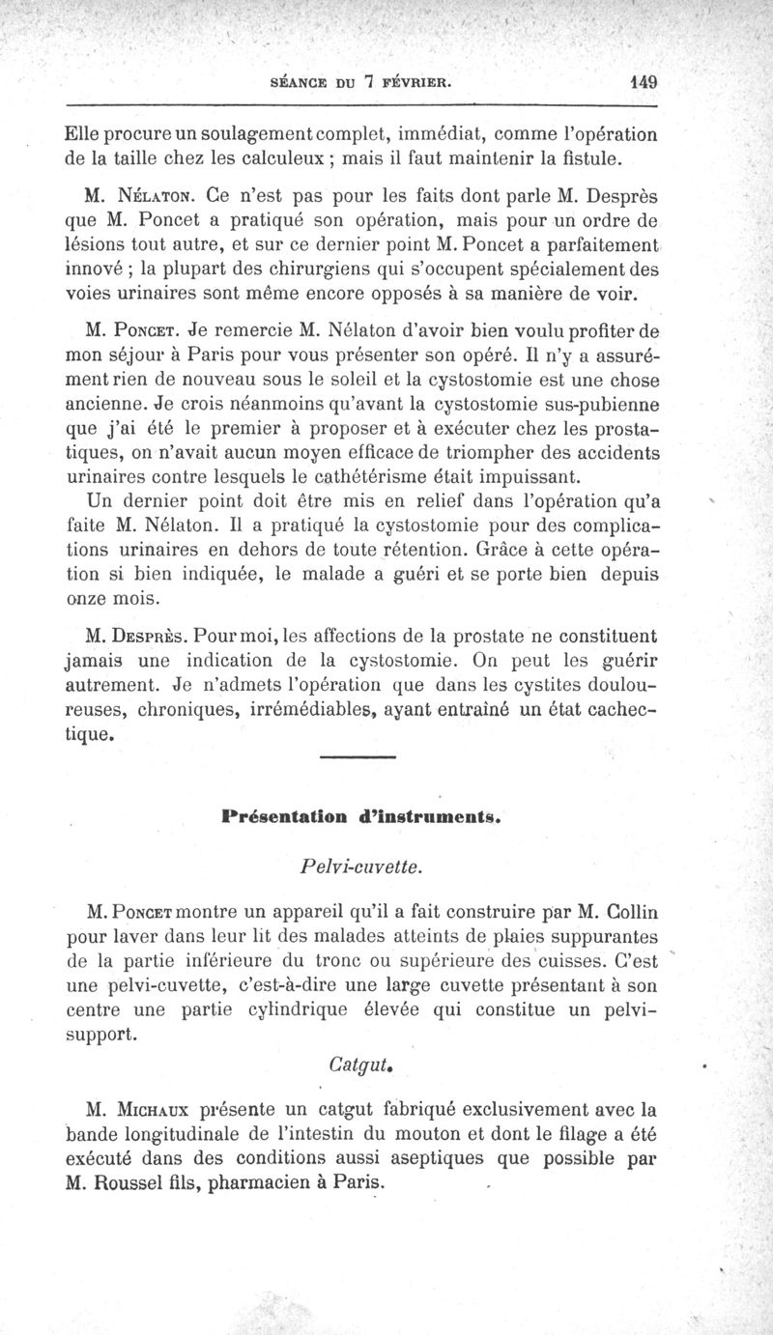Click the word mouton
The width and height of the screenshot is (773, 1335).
click(x=445, y=1132)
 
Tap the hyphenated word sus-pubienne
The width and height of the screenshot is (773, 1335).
click(x=578, y=401)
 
